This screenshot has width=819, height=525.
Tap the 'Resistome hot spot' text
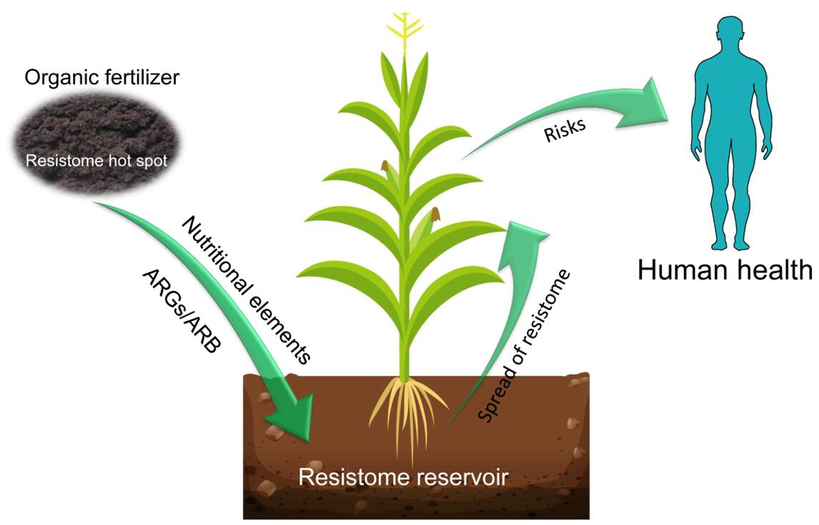pos(96,161)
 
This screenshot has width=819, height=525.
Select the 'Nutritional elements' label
pos(247,290)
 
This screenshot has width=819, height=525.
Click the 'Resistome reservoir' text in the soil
pos(403,477)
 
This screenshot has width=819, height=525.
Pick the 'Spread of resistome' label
pos(525,346)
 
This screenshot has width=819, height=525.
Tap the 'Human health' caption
pos(725,270)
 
